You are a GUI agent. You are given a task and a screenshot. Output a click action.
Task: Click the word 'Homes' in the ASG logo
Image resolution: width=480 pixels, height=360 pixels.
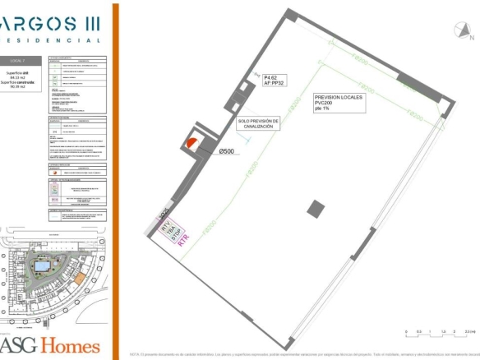point(72,345)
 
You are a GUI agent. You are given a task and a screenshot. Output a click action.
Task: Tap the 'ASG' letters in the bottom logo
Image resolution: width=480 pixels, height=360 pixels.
point(21,345)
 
